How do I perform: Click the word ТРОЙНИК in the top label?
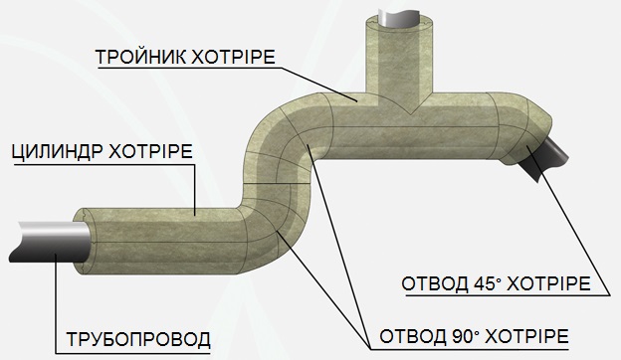(x=139, y=57)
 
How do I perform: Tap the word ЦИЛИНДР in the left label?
(x=58, y=151)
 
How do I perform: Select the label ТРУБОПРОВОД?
(x=138, y=339)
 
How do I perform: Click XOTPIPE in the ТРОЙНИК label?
(x=233, y=57)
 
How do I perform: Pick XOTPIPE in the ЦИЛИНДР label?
(x=151, y=151)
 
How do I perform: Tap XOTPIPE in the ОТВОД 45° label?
(x=549, y=283)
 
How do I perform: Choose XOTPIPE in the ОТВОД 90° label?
(x=527, y=337)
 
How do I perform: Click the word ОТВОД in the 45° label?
(x=435, y=283)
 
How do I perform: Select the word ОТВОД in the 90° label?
(x=413, y=337)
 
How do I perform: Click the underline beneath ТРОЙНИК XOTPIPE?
(x=189, y=68)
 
